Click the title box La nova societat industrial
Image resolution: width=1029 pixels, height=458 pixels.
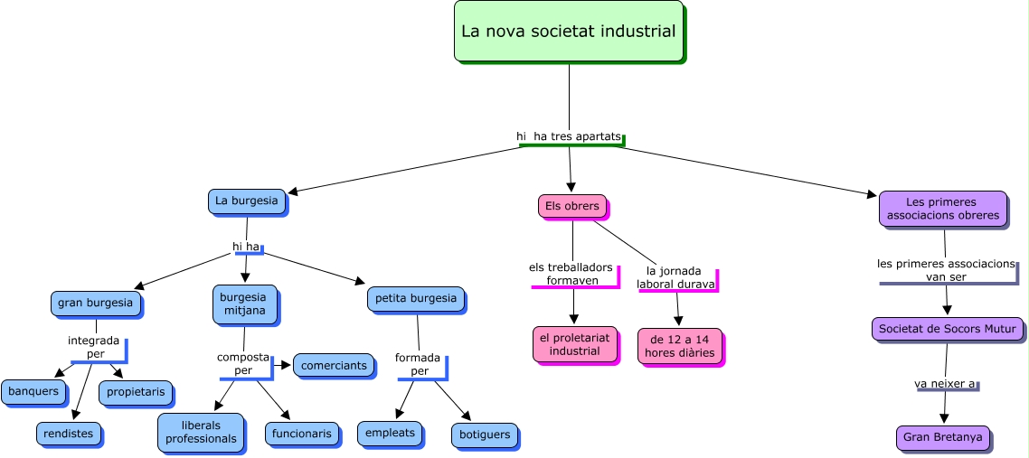coord(568,32)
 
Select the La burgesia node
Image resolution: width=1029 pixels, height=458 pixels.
coord(246,201)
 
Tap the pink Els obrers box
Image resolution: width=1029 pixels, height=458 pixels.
coord(571,206)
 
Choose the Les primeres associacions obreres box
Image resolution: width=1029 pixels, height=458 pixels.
coord(942,209)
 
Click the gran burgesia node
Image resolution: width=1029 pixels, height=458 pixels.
coord(95,304)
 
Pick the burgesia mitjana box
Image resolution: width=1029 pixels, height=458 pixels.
coord(243,304)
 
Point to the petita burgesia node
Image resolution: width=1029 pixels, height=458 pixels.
coord(416,299)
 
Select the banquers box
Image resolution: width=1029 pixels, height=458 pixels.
coord(33,391)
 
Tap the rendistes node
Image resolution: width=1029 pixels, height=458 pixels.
coord(68,434)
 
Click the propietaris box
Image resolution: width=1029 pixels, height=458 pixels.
coord(136,392)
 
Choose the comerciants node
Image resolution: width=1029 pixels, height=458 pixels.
coord(334,366)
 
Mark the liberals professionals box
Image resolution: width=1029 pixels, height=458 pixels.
coord(201,432)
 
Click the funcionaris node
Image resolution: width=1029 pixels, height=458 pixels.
coord(302,434)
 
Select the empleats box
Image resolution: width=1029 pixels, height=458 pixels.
coord(390,433)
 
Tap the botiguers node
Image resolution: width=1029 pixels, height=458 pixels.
coord(485,435)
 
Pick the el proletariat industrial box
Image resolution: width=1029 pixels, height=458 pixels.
coord(574,343)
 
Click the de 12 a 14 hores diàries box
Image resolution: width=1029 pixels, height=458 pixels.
coord(679,346)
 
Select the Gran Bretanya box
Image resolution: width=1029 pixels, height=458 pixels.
coord(942,438)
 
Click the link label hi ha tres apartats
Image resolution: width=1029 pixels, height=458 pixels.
coord(569,136)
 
